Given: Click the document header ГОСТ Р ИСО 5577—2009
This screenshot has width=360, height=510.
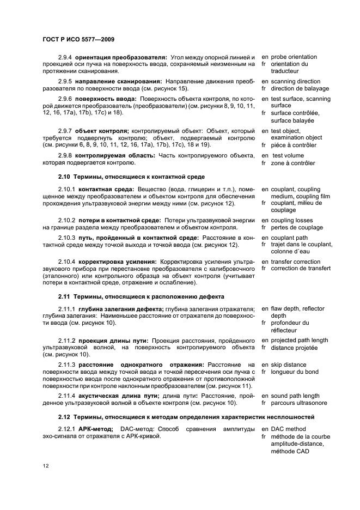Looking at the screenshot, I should [x=77, y=39].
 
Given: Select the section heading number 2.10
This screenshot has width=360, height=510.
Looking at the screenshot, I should [x=64, y=177].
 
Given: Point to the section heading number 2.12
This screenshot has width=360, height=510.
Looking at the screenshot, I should [x=64, y=417].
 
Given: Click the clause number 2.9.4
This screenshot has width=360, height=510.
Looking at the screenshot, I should [x=65, y=57].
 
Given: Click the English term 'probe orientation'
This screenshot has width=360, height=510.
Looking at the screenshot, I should [x=294, y=57].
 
